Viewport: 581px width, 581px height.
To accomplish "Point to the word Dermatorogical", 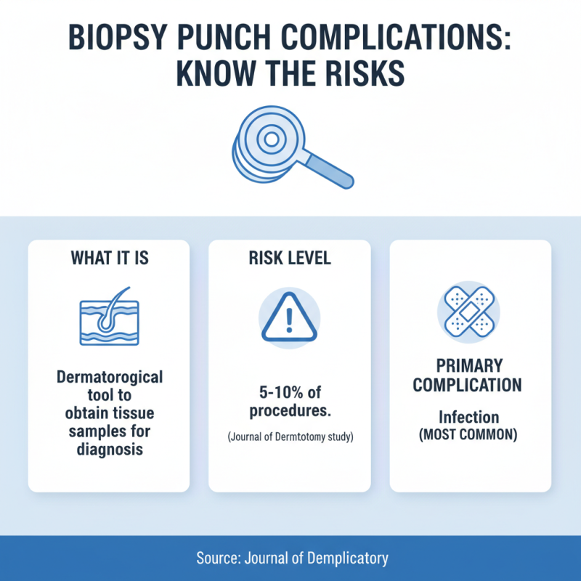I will coord(109,378).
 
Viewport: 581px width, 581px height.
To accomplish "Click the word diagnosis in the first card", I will coord(109,450).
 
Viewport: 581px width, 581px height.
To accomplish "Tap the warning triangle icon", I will coord(290,319).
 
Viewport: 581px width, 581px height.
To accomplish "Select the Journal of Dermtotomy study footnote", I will coord(290,439).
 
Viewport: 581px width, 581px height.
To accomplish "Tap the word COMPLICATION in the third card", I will coord(468,384).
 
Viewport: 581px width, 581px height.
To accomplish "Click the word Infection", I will coord(468,418).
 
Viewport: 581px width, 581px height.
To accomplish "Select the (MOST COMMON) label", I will coord(468,436).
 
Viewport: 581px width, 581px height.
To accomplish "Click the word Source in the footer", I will coord(217,558).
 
